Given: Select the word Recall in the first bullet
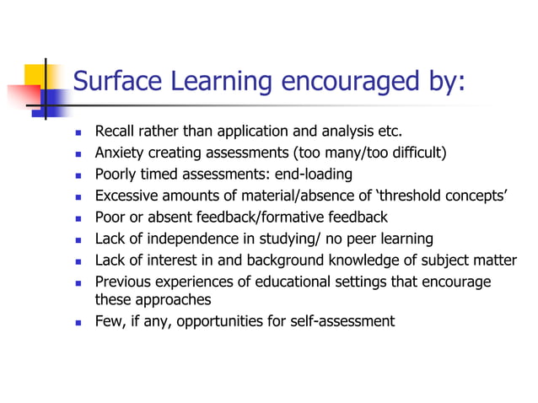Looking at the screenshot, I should click(x=114, y=132).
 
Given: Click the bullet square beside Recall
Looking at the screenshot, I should click(x=77, y=133).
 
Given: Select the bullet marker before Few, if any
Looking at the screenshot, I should click(x=77, y=321).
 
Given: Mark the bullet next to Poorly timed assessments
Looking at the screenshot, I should click(x=77, y=175).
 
